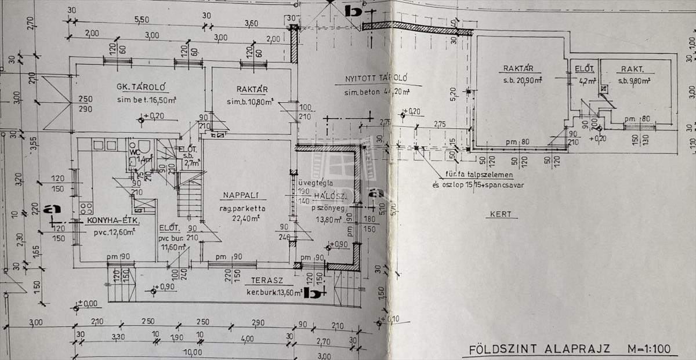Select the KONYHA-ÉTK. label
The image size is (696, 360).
110,221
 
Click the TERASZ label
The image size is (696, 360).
258,280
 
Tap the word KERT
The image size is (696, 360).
500,214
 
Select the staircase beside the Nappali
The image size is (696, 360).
190,197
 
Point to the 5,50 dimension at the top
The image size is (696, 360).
142,20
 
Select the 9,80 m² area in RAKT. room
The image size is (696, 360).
643,81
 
